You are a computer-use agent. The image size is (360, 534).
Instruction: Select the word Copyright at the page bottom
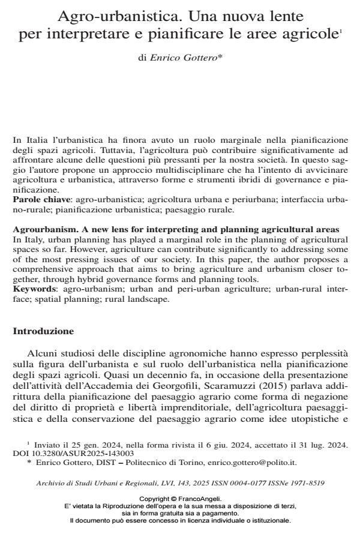point(154,499)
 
